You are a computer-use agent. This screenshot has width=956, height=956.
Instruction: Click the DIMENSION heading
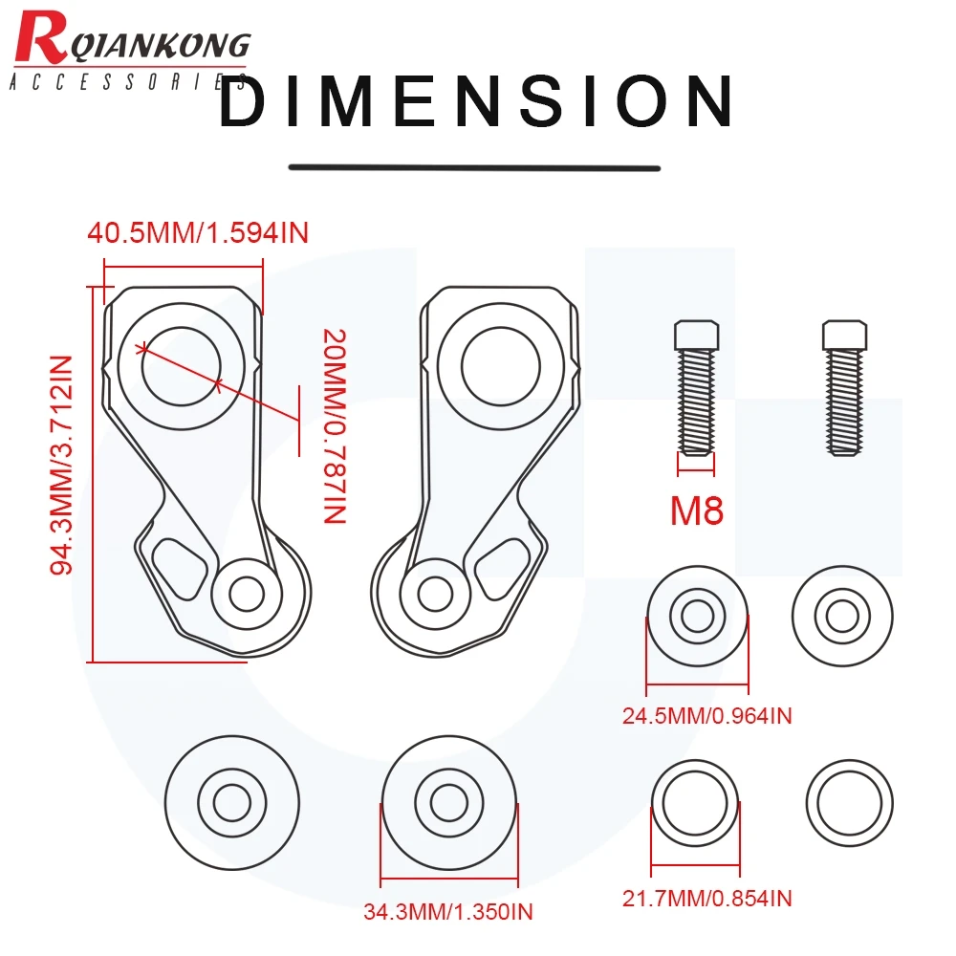[476, 101]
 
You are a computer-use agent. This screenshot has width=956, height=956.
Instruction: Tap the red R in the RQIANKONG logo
[40, 38]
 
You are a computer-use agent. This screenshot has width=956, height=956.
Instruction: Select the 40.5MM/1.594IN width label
[198, 233]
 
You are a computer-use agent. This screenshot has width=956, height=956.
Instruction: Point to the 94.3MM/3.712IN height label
[61, 466]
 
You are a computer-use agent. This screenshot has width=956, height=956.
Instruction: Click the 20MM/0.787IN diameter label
[334, 426]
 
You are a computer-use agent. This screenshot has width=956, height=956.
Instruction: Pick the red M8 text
[696, 511]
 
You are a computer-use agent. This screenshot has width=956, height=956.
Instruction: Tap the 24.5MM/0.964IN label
[706, 716]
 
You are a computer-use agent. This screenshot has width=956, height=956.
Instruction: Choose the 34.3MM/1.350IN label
[448, 912]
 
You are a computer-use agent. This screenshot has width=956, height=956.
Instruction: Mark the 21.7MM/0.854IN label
[706, 899]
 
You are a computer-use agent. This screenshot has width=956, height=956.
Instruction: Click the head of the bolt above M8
[696, 335]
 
